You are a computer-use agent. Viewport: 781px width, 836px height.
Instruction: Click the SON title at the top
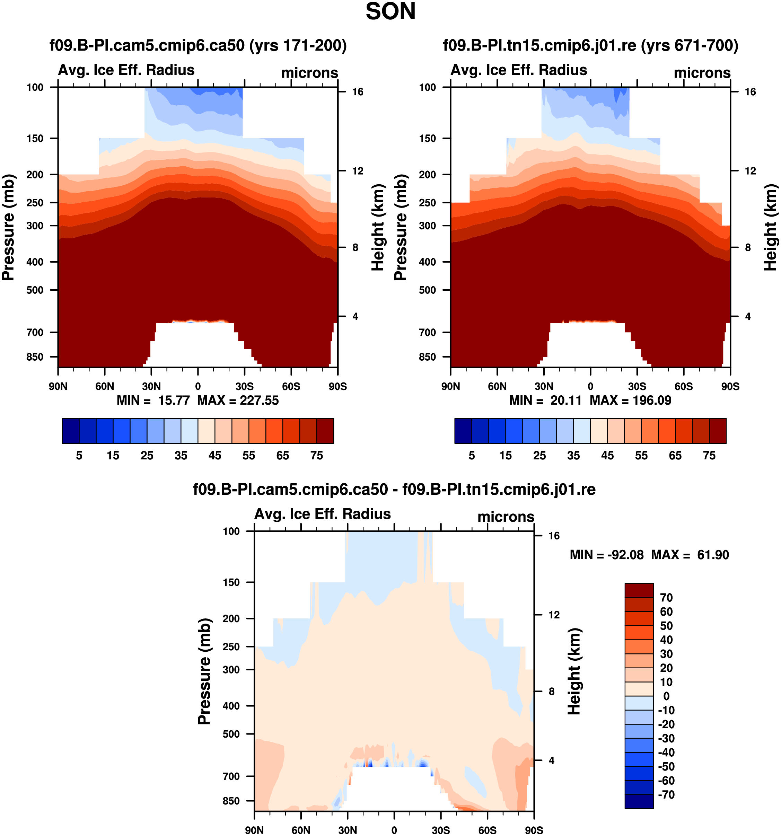(x=390, y=12)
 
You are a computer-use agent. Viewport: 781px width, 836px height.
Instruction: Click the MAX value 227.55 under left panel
(x=259, y=401)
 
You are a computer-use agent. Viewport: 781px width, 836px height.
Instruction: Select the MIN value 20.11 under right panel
(x=566, y=401)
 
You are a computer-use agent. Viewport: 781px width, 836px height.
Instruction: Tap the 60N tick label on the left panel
(x=104, y=386)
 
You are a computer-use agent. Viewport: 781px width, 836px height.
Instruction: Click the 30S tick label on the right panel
(x=637, y=386)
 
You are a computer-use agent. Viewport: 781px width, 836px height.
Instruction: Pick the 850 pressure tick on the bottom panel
(x=231, y=801)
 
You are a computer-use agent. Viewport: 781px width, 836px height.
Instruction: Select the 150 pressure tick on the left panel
(x=35, y=138)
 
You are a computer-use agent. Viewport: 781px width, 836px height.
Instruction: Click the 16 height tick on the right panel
(x=750, y=92)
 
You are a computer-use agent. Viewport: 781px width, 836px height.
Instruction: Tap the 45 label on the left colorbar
(x=214, y=456)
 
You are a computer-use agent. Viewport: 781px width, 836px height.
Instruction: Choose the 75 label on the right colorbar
(x=709, y=456)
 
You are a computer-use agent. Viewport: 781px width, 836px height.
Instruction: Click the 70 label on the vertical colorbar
(x=666, y=598)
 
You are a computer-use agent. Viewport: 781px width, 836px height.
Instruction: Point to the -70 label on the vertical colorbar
(x=666, y=795)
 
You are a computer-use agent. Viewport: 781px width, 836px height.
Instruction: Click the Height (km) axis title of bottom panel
(x=574, y=671)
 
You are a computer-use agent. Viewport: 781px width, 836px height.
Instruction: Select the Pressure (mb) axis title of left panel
(x=8, y=227)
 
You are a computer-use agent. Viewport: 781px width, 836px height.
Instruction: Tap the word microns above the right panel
(x=702, y=73)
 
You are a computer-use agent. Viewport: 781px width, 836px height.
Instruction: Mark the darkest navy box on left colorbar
(x=70, y=431)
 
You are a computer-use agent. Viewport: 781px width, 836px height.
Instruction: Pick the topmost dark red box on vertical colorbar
(x=639, y=590)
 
